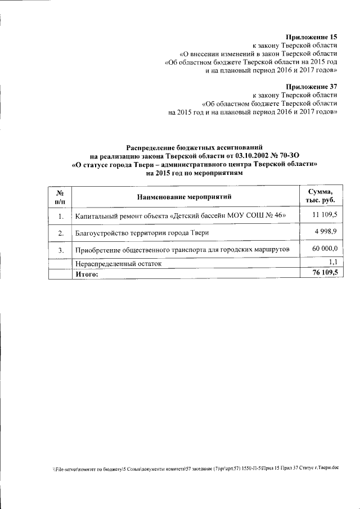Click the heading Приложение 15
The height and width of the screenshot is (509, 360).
click(x=310, y=36)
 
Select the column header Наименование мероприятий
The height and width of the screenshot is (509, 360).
click(x=184, y=196)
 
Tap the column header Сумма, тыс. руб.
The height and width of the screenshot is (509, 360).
click(x=319, y=196)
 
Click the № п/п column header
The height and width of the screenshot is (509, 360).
click(x=60, y=196)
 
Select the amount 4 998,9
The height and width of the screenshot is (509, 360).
click(x=325, y=231)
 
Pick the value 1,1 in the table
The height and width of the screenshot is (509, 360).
click(x=332, y=262)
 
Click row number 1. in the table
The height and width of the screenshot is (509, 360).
click(x=60, y=216)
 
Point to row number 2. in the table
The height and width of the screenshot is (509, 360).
click(x=60, y=233)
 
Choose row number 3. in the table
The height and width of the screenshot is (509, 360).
click(x=60, y=250)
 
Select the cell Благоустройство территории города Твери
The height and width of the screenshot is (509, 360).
click(x=142, y=233)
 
